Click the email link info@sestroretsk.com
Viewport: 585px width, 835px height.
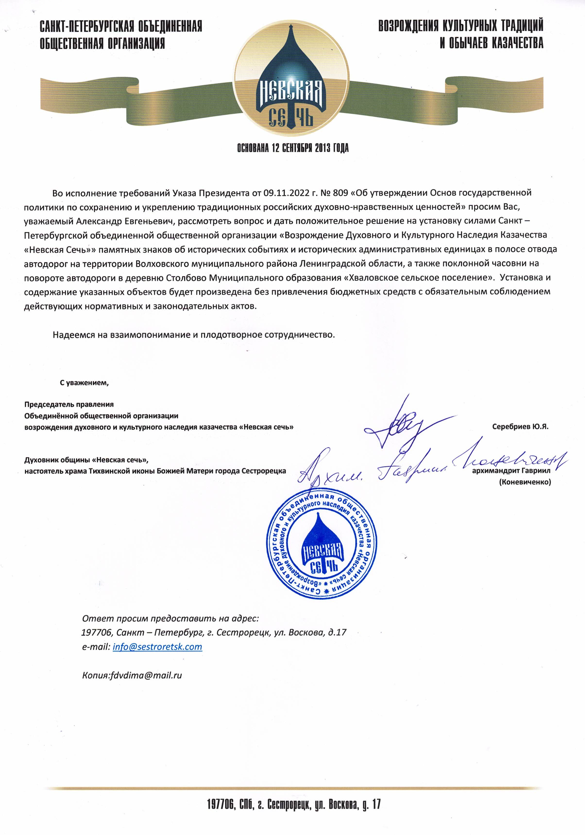click(157, 647)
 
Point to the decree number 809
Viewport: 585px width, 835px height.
click(340, 192)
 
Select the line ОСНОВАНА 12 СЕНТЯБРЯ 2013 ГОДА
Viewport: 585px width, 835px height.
click(293, 148)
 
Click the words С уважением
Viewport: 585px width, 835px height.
click(84, 383)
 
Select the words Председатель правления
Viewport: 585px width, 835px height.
click(69, 405)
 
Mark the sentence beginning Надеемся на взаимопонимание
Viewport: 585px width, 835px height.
click(194, 335)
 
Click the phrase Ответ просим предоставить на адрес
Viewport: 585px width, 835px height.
click(170, 618)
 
